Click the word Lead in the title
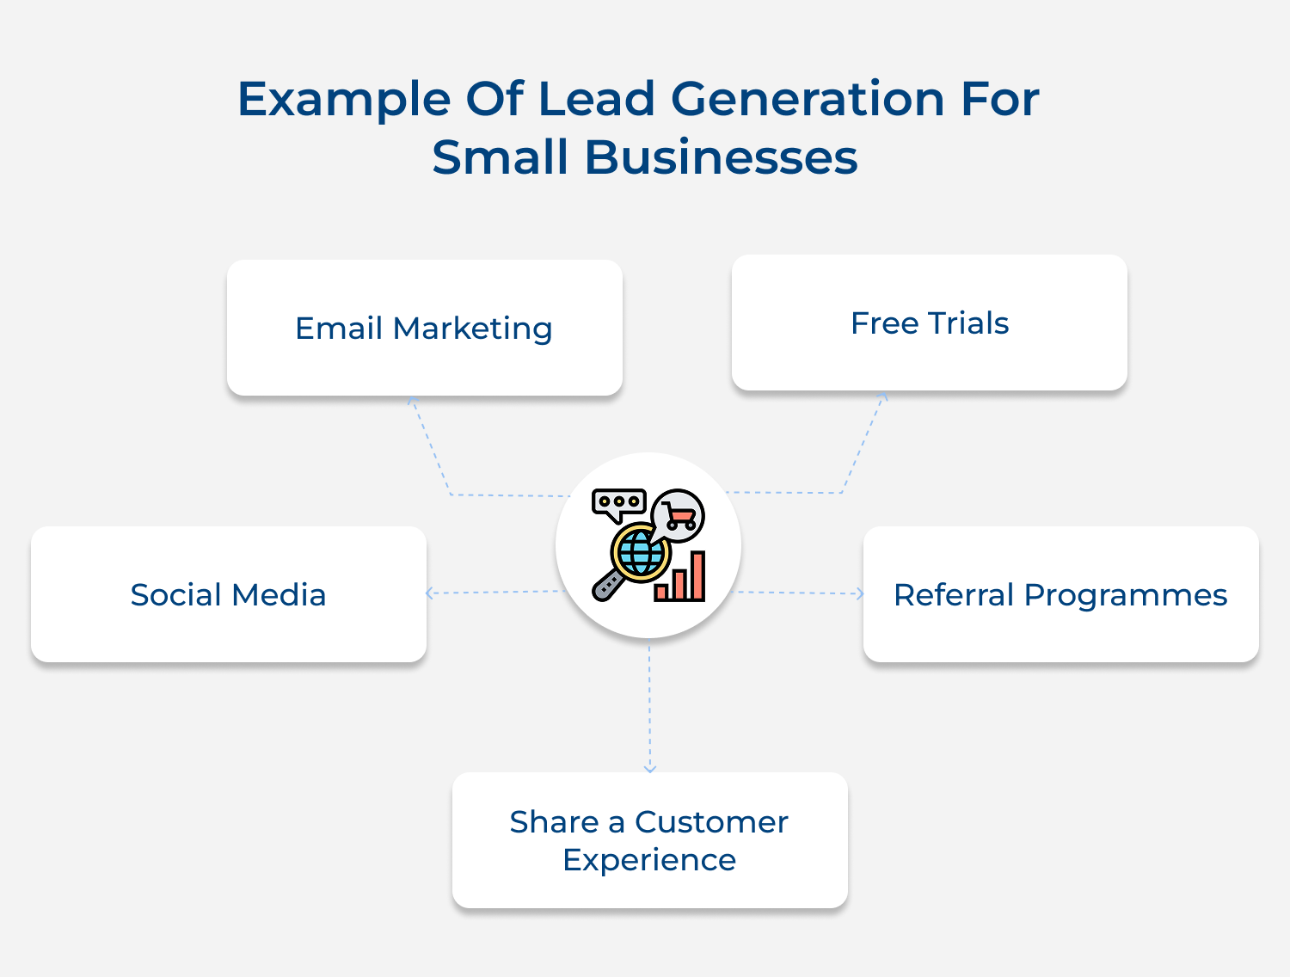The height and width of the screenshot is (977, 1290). [x=597, y=99]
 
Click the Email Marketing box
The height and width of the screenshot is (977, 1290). [x=424, y=328]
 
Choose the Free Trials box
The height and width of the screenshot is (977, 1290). [x=929, y=323]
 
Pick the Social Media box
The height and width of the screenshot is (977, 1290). [x=228, y=594]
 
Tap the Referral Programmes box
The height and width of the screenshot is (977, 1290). [x=1060, y=594]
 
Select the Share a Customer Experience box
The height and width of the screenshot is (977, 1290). [x=649, y=840]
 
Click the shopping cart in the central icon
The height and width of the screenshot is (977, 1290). [x=679, y=516]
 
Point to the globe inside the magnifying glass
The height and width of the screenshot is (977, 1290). [x=641, y=551]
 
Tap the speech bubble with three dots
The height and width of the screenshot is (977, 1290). [x=618, y=503]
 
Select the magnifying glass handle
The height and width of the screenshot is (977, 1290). [x=607, y=585]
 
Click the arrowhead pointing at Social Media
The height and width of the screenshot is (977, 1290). [x=430, y=593]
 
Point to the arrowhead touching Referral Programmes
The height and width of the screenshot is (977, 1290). [x=859, y=593]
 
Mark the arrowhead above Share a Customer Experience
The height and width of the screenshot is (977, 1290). [x=650, y=768]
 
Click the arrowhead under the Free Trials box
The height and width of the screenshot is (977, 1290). [x=883, y=396]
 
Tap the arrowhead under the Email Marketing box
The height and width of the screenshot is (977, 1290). [x=412, y=401]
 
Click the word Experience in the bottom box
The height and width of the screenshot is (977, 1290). [x=649, y=860]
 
